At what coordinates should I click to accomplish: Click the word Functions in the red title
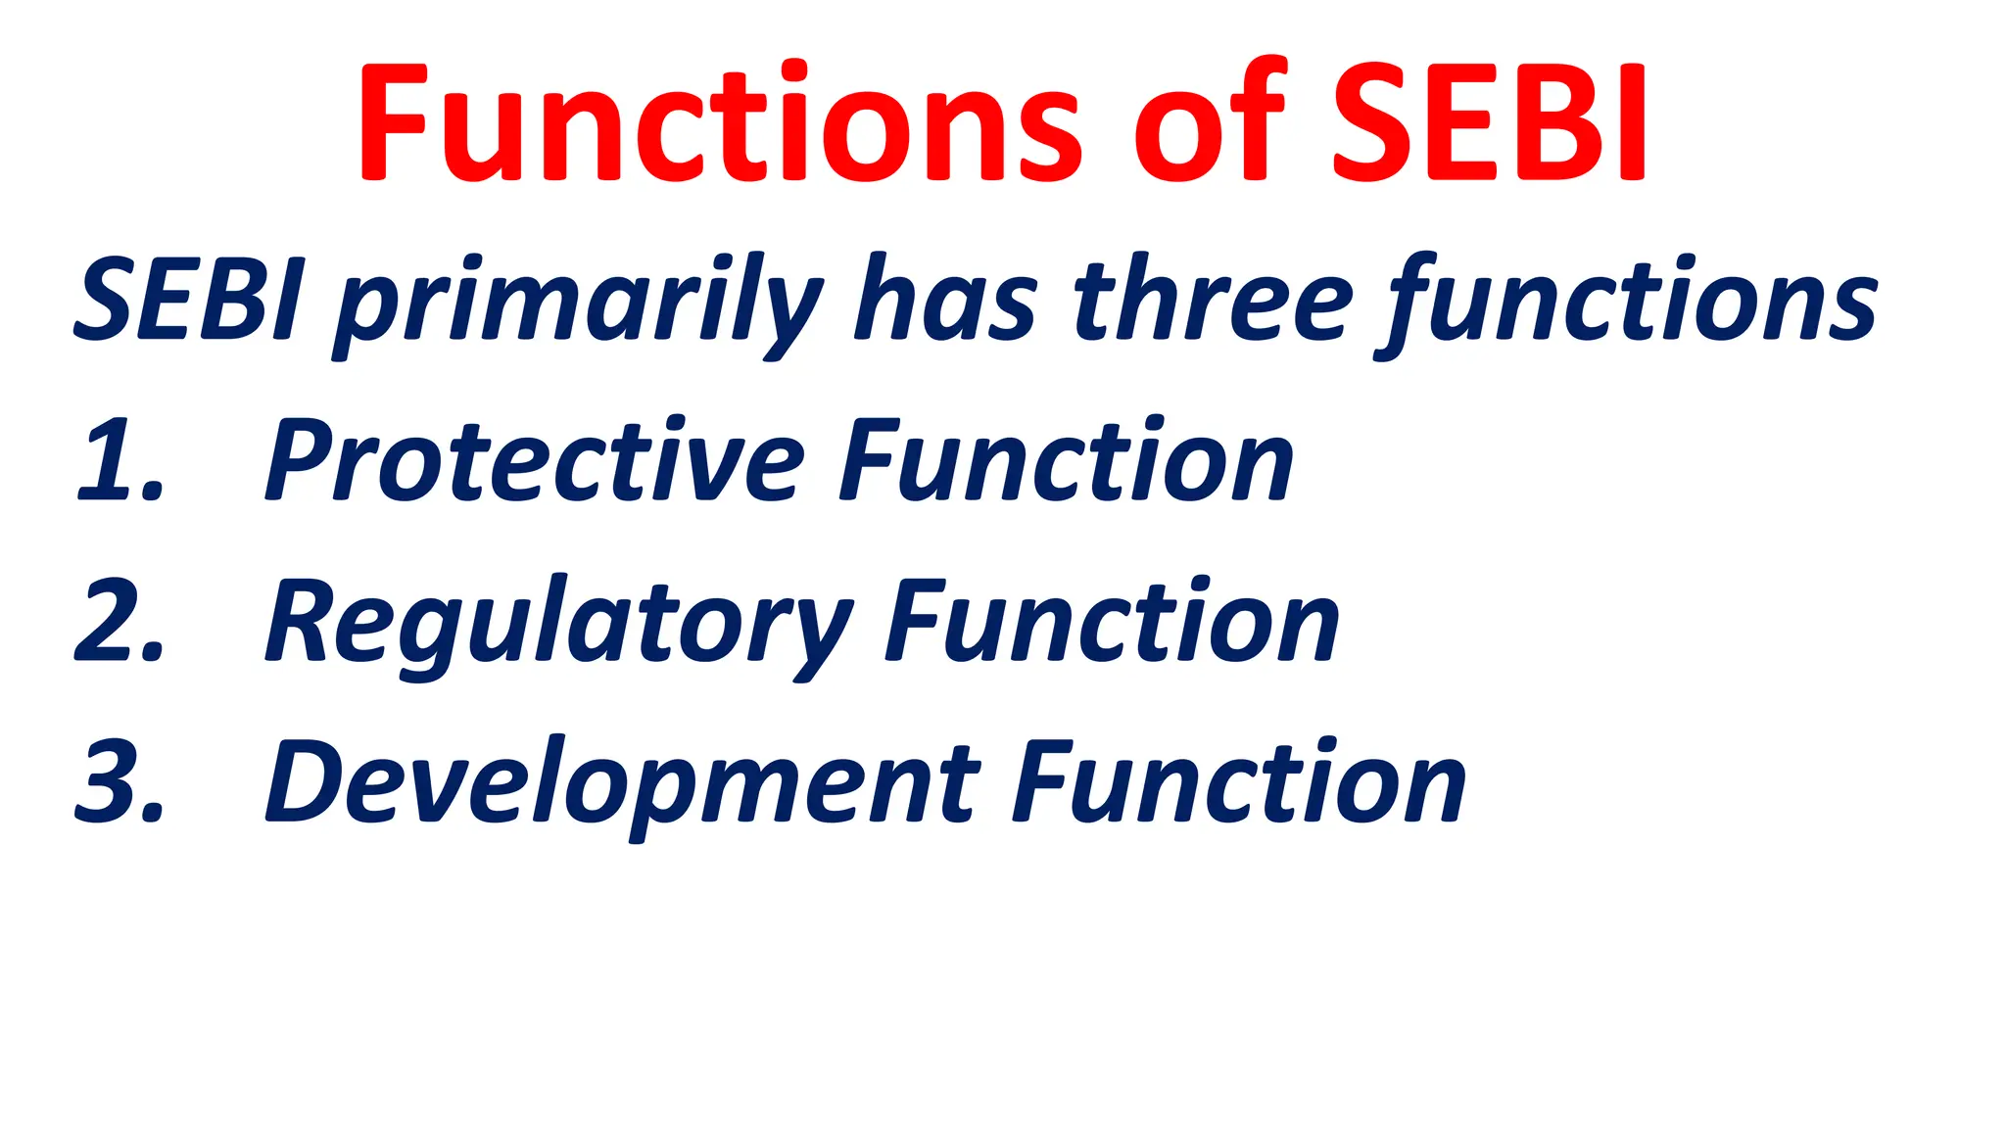[x=720, y=122]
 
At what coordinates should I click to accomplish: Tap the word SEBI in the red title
[x=1489, y=122]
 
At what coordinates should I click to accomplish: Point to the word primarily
[x=578, y=304]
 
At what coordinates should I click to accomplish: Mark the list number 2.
[x=118, y=623]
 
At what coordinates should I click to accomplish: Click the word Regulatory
[x=558, y=627]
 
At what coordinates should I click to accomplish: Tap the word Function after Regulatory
[x=1112, y=623]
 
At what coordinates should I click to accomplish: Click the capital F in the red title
[x=392, y=122]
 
